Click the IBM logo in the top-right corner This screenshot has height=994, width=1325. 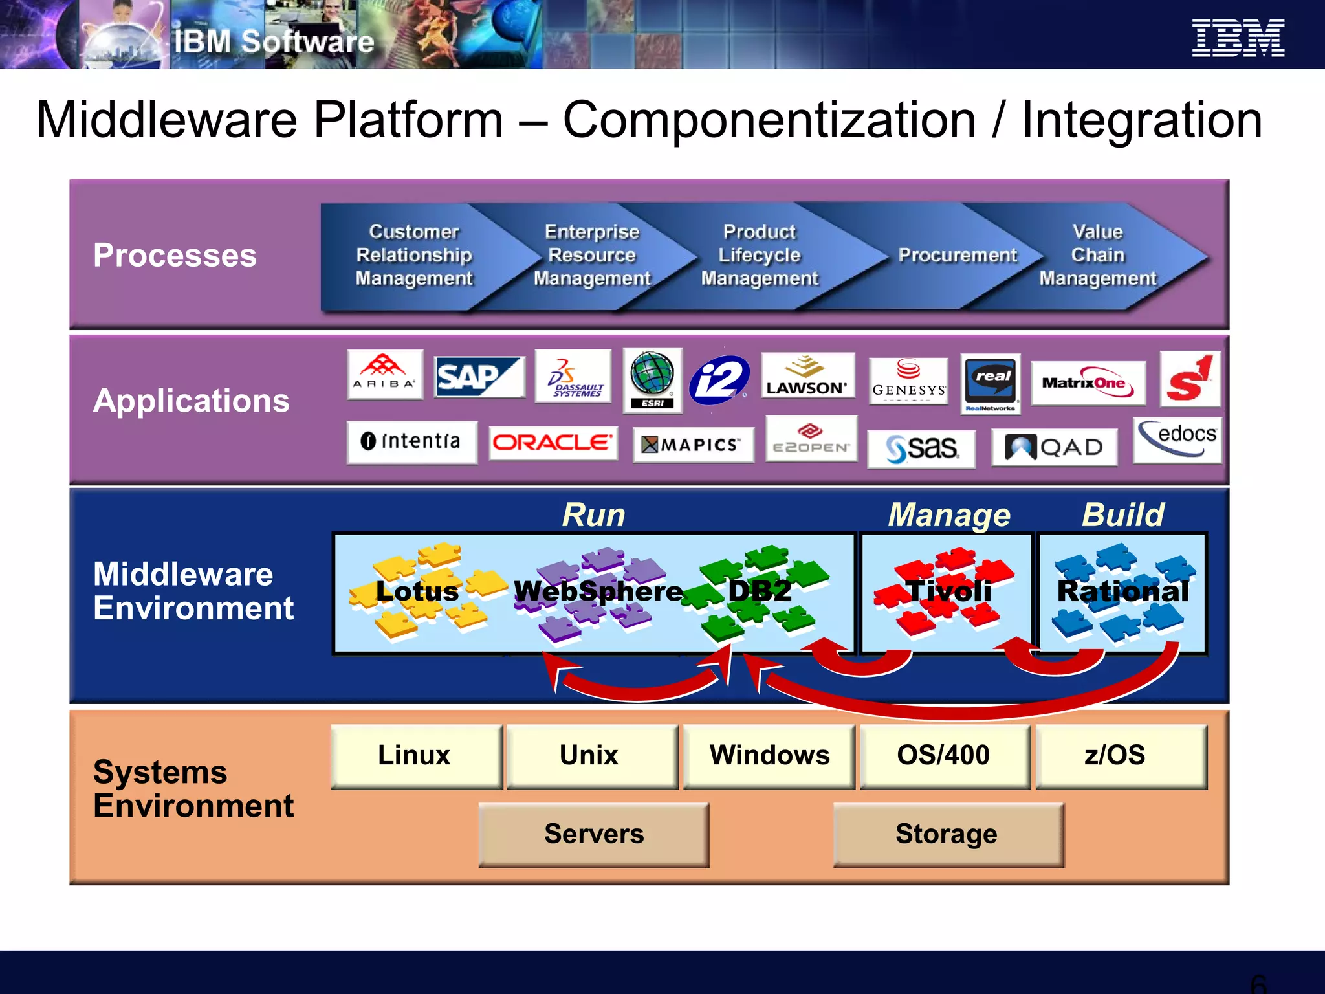[x=1238, y=38]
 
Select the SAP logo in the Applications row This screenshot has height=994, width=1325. [x=479, y=377]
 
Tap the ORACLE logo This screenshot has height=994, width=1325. [x=553, y=443]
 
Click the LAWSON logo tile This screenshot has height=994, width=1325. [x=807, y=376]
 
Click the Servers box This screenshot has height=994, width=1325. [x=593, y=834]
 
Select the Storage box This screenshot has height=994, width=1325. [x=947, y=834]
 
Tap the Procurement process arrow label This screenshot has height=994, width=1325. [x=958, y=256]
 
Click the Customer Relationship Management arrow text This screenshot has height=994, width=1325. [x=414, y=256]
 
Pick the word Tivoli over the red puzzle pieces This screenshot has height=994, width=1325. [x=948, y=591]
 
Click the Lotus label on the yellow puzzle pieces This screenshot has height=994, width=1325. [x=417, y=591]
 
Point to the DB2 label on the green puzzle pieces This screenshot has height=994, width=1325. [x=760, y=591]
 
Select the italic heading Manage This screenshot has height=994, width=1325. [x=948, y=515]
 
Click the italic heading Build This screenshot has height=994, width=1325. [x=1123, y=515]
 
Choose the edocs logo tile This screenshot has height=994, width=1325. [x=1177, y=439]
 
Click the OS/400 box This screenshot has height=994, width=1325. [x=944, y=756]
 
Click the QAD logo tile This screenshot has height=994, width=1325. [x=1054, y=447]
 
